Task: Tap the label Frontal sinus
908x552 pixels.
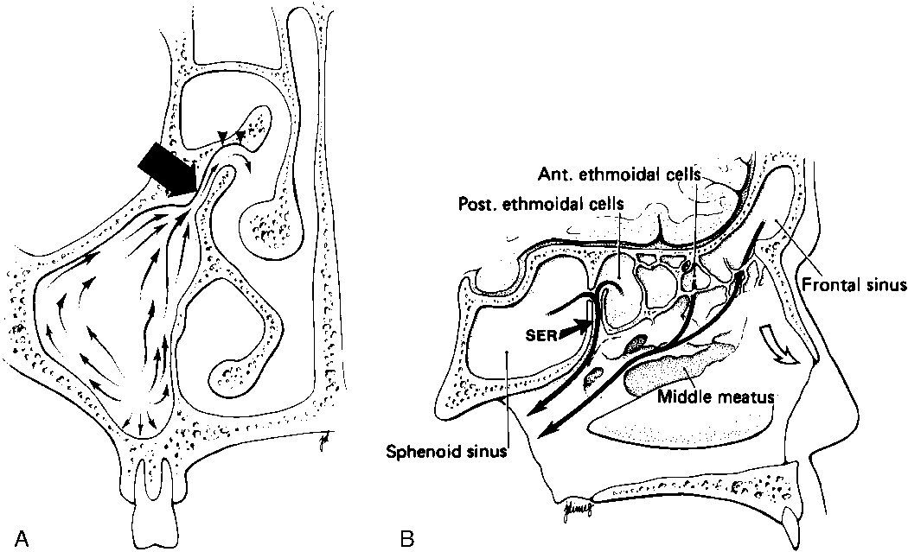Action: tap(854, 283)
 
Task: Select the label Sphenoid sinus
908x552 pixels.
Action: tap(446, 452)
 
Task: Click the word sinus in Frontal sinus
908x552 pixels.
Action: tap(886, 283)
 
